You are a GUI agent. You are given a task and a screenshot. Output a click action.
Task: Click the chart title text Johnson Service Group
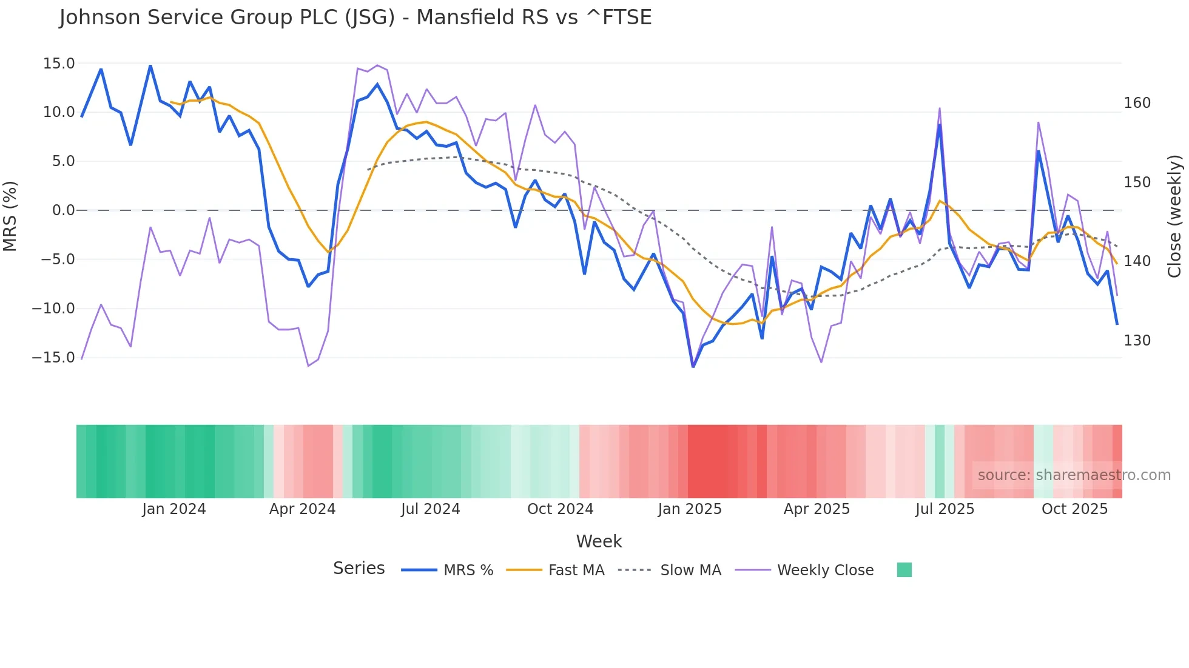pos(355,18)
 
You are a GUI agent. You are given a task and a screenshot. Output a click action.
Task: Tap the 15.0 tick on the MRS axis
pos(59,64)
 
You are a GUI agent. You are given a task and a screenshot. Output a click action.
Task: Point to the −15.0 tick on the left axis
pos(53,358)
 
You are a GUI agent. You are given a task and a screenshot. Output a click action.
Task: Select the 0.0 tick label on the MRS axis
pos(63,210)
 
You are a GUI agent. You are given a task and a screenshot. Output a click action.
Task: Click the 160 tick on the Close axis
pos(1137,103)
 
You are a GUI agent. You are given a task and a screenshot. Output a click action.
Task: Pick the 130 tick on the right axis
pos(1137,341)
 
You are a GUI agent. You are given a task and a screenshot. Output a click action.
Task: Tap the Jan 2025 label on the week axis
pos(690,509)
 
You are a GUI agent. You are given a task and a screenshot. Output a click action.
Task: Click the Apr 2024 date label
pos(302,509)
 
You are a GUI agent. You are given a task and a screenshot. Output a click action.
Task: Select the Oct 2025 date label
pos(1074,509)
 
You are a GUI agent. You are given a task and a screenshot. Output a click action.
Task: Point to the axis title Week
pos(599,541)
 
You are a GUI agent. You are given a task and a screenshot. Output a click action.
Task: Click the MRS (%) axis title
pos(10,216)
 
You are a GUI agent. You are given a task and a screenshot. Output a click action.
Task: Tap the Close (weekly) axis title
pos(1175,216)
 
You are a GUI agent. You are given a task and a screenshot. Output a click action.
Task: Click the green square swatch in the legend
pos(904,570)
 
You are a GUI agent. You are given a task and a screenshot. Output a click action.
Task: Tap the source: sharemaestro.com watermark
pos(1074,475)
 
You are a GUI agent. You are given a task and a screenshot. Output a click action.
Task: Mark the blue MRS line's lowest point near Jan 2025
pos(693,366)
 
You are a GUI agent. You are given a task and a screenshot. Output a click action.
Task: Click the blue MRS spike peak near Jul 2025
pos(940,125)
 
